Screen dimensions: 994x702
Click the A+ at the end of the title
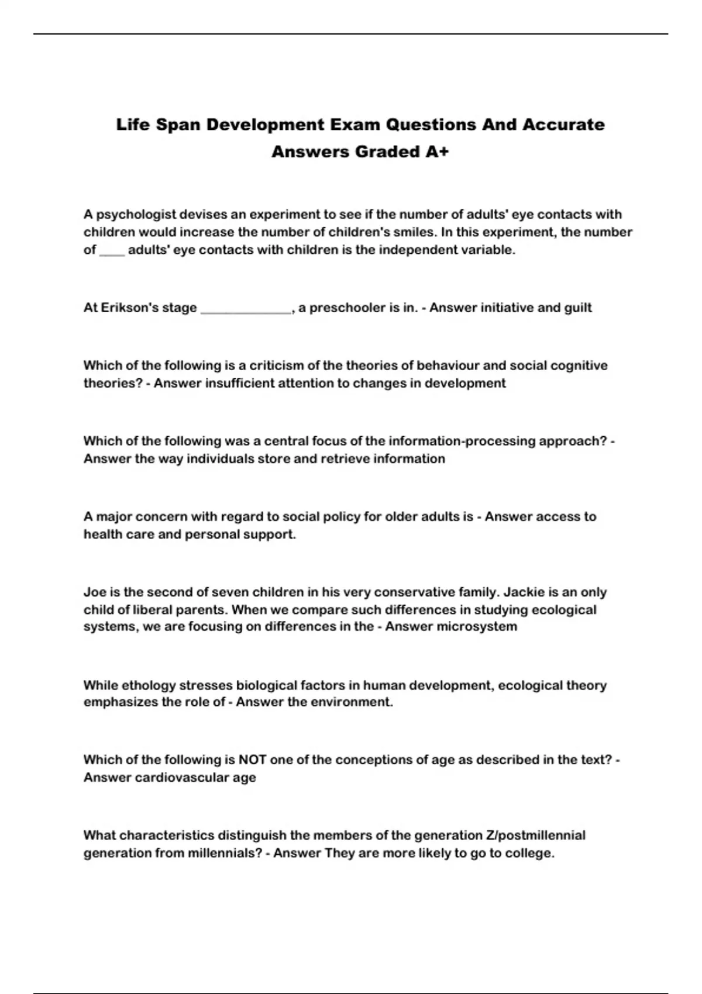[437, 152]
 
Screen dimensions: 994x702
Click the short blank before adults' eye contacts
[112, 251]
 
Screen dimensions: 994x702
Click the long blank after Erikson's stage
[246, 308]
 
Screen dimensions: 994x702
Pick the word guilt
[578, 308]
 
